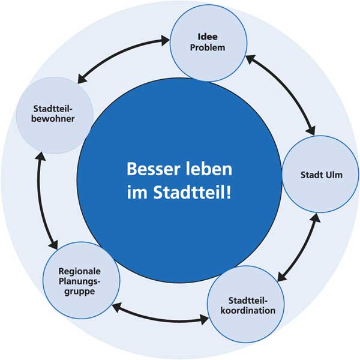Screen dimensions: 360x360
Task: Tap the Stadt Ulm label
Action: click(x=322, y=175)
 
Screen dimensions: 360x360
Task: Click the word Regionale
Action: click(x=80, y=270)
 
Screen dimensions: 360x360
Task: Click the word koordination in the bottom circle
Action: click(x=247, y=311)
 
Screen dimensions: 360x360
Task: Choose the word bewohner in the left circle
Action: click(x=53, y=119)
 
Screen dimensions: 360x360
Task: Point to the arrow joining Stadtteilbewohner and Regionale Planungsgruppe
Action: click(x=43, y=201)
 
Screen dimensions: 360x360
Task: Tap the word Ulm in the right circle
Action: click(x=334, y=175)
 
